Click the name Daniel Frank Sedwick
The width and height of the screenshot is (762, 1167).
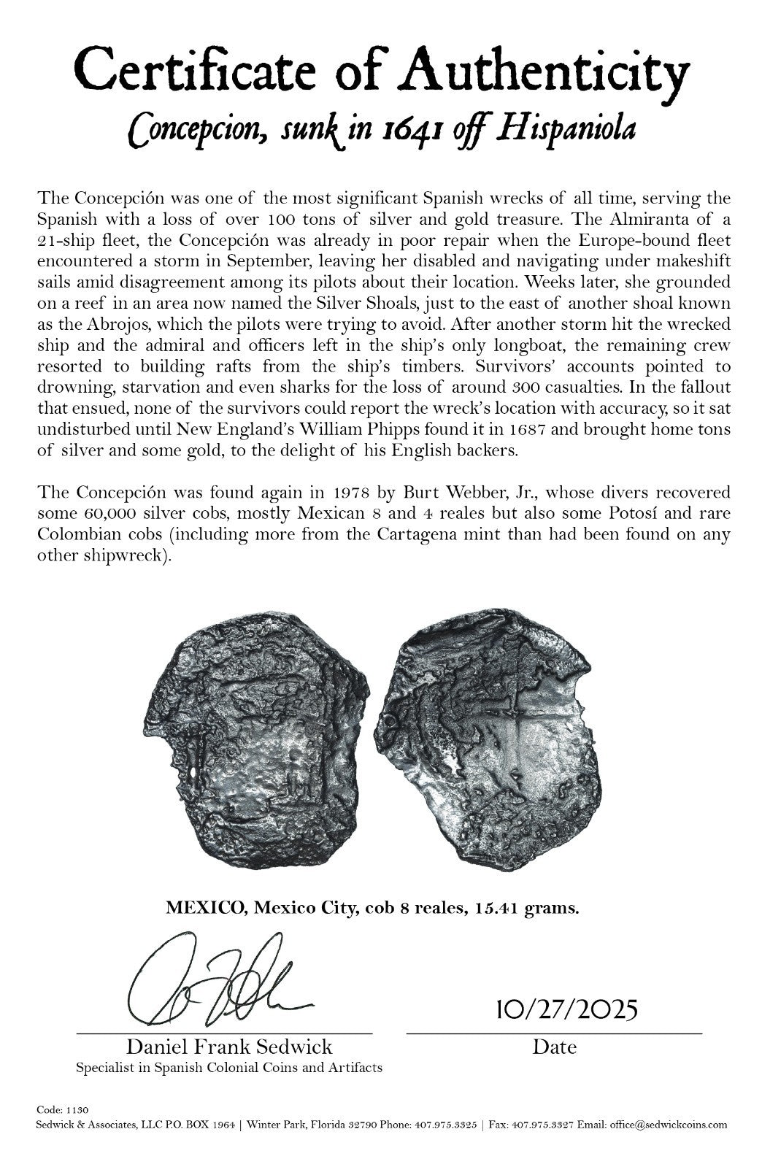(229, 1047)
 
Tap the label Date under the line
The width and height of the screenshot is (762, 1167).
(554, 1047)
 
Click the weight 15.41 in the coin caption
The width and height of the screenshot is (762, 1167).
(496, 909)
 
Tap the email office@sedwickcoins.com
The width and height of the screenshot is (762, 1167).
(669, 1125)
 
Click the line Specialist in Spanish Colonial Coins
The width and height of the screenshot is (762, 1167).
(228, 1068)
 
